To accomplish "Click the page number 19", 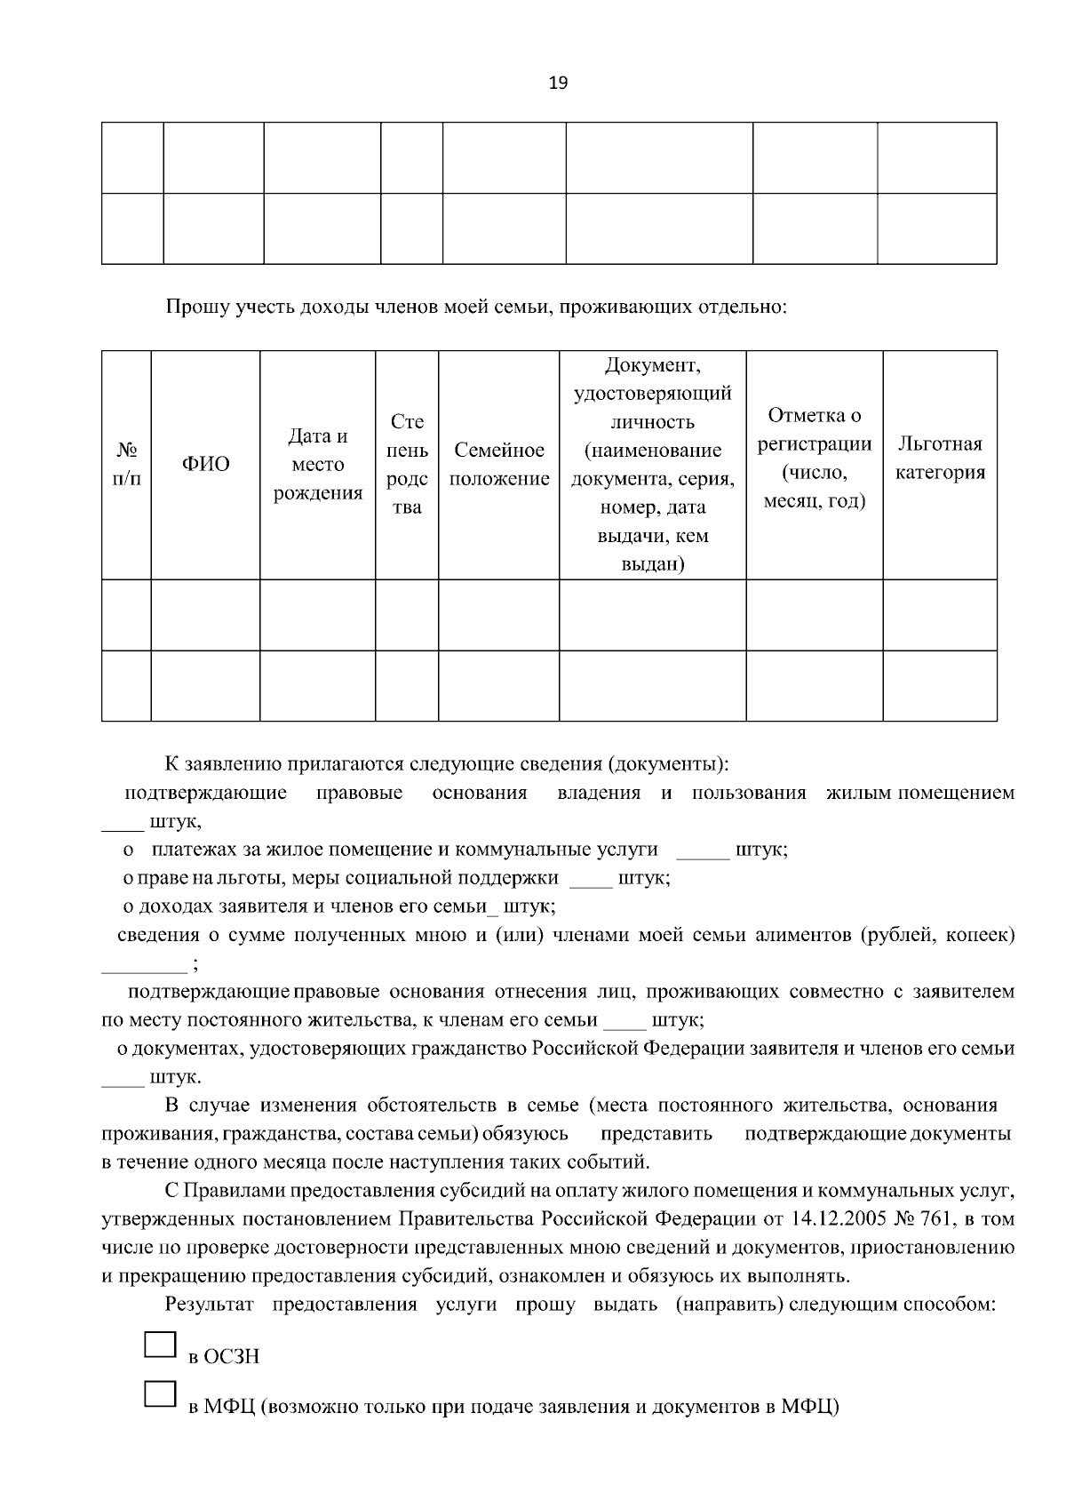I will point(558,84).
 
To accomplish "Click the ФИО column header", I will point(205,464).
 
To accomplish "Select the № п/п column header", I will point(126,464).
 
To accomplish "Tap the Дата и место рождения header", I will point(317,465).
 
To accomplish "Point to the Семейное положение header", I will point(498,465).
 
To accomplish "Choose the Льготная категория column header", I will point(940,458).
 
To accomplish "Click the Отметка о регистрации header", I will point(814,458).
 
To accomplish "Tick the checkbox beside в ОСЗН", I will point(160,1344).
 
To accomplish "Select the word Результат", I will point(210,1305).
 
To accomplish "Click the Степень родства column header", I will point(407,465).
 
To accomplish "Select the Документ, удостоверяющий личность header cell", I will point(652,465).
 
